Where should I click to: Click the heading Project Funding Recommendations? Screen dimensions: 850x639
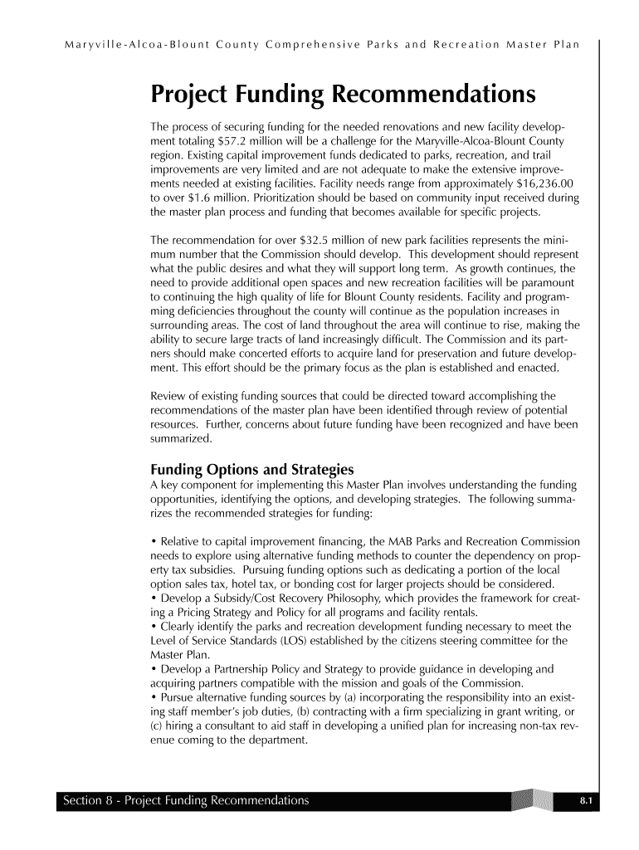[343, 96]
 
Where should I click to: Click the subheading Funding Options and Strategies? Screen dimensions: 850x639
[252, 469]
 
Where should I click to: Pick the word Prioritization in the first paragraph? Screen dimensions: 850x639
[267, 198]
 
